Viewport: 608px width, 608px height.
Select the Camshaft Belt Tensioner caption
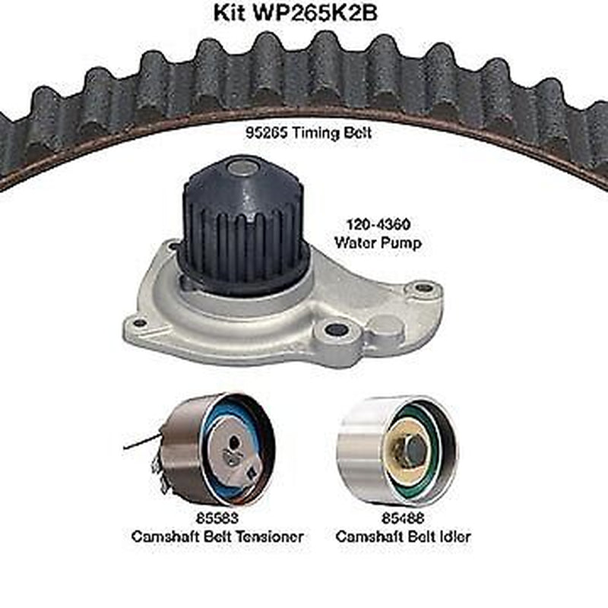pyautogui.click(x=217, y=537)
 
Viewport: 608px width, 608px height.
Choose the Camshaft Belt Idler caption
pyautogui.click(x=404, y=537)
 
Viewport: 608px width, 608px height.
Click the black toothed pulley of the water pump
pyautogui.click(x=243, y=228)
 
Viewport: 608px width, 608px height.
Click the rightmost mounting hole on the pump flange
pyautogui.click(x=424, y=289)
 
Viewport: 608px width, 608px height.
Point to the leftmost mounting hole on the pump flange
pyautogui.click(x=139, y=323)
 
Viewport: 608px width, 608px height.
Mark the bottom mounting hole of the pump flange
pyautogui.click(x=336, y=330)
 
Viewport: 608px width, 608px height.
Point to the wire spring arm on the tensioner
pyautogui.click(x=141, y=442)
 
